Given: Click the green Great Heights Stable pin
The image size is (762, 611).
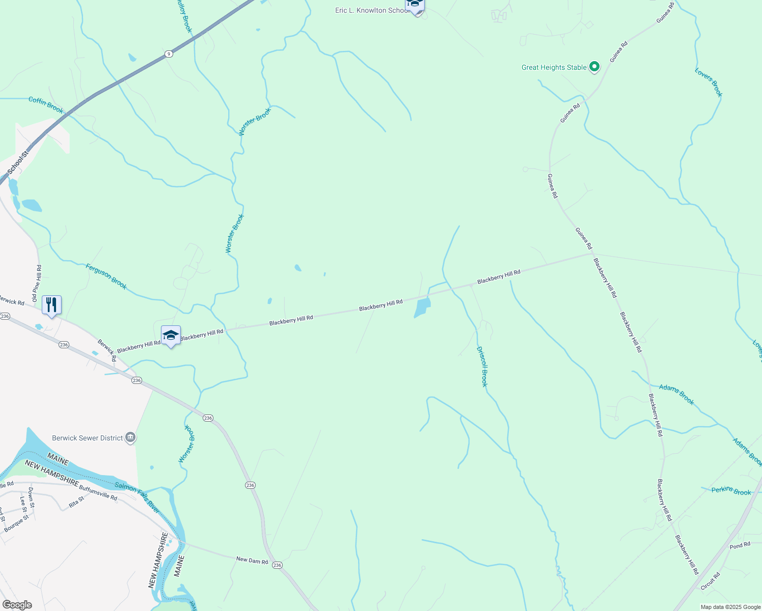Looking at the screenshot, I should point(594,67).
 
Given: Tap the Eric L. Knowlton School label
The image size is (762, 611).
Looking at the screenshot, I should point(371,10).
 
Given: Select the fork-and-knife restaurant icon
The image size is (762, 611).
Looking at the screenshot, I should point(51,305).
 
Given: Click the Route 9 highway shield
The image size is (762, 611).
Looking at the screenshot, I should point(169,53).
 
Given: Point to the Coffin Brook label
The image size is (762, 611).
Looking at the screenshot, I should point(46,105).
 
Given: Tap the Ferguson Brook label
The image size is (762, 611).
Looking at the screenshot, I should point(106,276).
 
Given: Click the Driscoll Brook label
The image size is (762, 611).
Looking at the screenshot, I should point(482,367).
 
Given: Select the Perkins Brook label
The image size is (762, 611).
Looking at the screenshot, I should point(731,491).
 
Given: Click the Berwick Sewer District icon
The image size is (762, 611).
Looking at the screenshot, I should point(130,438).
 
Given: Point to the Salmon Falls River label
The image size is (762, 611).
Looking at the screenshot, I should point(137,497).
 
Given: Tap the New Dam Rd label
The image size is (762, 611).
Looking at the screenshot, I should point(252,560).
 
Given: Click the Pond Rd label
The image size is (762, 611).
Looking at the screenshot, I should point(740,545).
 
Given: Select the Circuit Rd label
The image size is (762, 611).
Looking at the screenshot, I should point(710,581).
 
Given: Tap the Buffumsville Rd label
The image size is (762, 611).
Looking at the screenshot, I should point(98,492).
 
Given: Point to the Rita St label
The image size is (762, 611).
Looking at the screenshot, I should point(76,503).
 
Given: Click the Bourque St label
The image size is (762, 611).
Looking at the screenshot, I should point(16,524).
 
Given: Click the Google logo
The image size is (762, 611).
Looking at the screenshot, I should point(17,605).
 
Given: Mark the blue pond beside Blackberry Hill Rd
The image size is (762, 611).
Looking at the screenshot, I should point(422,308).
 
